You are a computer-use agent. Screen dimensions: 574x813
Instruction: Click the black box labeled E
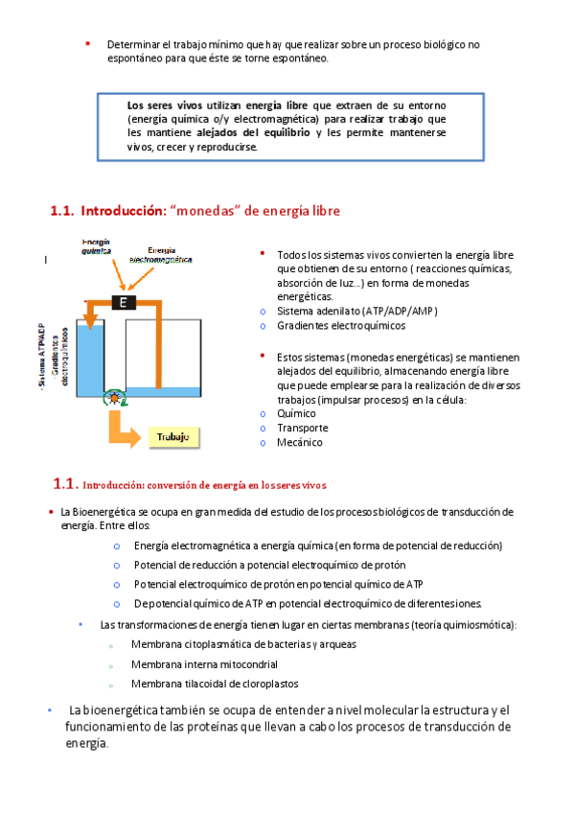[x=124, y=302]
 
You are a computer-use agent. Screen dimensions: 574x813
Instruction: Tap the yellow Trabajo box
[x=173, y=437]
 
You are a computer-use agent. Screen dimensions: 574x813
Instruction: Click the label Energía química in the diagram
[x=97, y=246]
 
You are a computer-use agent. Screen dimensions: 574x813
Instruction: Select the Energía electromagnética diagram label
[x=161, y=255]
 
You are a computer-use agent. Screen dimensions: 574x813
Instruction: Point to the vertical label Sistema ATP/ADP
[x=42, y=355]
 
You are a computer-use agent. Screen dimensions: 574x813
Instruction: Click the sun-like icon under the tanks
[x=114, y=398]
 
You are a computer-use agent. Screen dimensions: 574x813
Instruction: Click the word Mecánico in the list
[x=299, y=442]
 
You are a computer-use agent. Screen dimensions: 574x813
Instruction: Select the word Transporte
[x=303, y=428]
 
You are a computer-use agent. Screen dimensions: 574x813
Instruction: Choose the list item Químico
[x=296, y=413]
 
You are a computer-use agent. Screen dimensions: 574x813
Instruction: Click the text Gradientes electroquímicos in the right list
[x=341, y=326]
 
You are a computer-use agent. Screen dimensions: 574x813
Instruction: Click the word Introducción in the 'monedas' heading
[x=123, y=211]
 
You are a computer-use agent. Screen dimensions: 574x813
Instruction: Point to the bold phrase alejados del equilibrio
[x=253, y=132]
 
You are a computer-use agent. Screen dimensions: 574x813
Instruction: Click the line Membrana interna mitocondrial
[x=204, y=664]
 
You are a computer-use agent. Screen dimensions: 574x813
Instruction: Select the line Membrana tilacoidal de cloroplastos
[x=215, y=684]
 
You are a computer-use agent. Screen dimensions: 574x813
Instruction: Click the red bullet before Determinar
[x=88, y=43]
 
